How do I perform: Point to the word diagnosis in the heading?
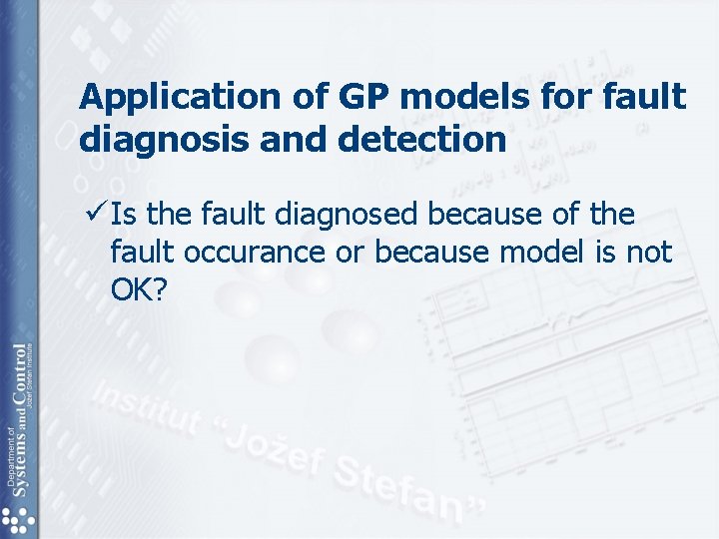tap(160, 139)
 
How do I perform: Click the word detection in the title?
tap(423, 139)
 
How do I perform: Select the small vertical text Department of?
tap(9, 459)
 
